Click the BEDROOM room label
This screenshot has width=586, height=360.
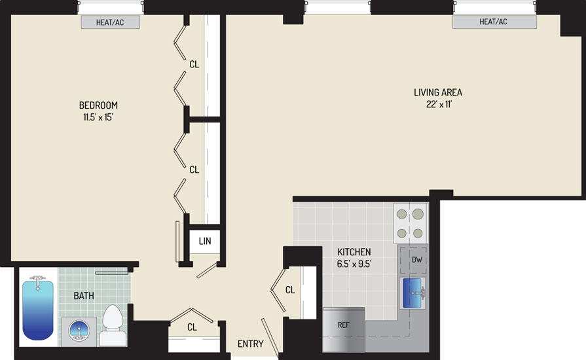pyautogui.click(x=98, y=105)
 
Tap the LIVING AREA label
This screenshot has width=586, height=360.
pyautogui.click(x=438, y=92)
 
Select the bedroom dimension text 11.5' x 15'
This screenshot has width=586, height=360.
pyautogui.click(x=98, y=117)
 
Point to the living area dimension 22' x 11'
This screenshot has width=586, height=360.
pyautogui.click(x=439, y=104)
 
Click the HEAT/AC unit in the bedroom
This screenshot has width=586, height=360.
pyautogui.click(x=111, y=22)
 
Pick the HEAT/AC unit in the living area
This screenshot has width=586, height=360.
pyautogui.click(x=494, y=22)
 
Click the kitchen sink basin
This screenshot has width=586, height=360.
pyautogui.click(x=412, y=293)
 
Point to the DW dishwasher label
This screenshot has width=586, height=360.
pyautogui.click(x=416, y=260)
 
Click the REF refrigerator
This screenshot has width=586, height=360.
pyautogui.click(x=344, y=329)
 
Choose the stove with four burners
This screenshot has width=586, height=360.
pyautogui.click(x=411, y=223)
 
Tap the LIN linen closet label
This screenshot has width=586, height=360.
pyautogui.click(x=205, y=242)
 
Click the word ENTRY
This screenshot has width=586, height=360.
pyautogui.click(x=250, y=344)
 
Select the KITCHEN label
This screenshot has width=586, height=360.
pyautogui.click(x=354, y=252)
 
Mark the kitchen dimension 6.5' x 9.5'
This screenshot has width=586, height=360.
pyautogui.click(x=354, y=264)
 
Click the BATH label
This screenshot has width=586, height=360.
pyautogui.click(x=84, y=296)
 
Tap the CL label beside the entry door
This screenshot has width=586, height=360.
pyautogui.click(x=290, y=289)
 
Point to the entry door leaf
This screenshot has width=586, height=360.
pyautogui.click(x=270, y=337)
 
